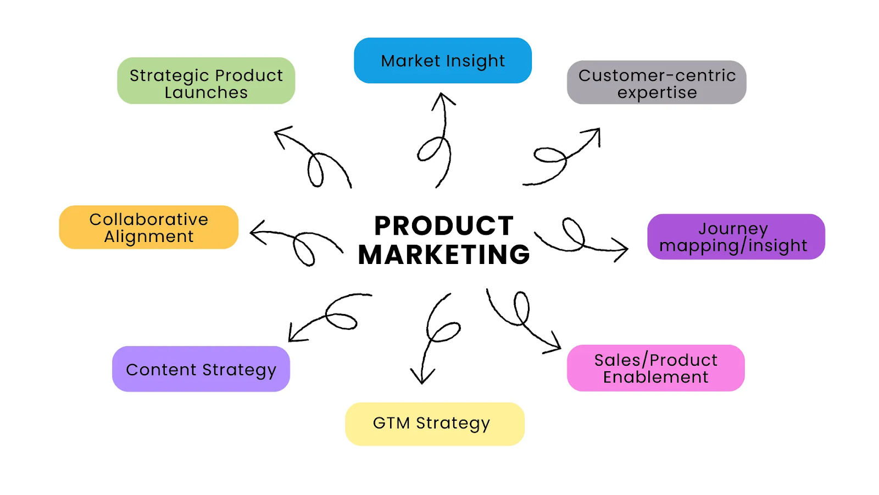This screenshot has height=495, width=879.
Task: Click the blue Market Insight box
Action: [x=443, y=61]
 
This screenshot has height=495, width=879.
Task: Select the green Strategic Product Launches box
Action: [x=206, y=81]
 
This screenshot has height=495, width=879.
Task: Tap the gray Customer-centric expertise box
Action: [x=657, y=82]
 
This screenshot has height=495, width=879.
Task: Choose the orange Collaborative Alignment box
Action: [x=149, y=227]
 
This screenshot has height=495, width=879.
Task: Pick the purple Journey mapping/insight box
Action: [x=736, y=237]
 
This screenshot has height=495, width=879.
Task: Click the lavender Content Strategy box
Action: [x=201, y=369]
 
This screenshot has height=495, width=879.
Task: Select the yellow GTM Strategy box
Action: [x=435, y=424]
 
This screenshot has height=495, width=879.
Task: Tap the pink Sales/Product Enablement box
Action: [x=655, y=368]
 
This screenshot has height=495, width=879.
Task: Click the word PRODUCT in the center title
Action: [x=444, y=226]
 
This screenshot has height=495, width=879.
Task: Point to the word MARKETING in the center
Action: [x=444, y=255]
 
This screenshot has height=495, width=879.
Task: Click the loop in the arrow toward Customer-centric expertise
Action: [x=550, y=156]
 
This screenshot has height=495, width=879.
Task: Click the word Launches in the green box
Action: [x=206, y=92]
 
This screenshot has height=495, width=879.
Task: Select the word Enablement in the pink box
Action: [x=655, y=377]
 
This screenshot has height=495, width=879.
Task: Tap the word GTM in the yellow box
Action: [x=391, y=423]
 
